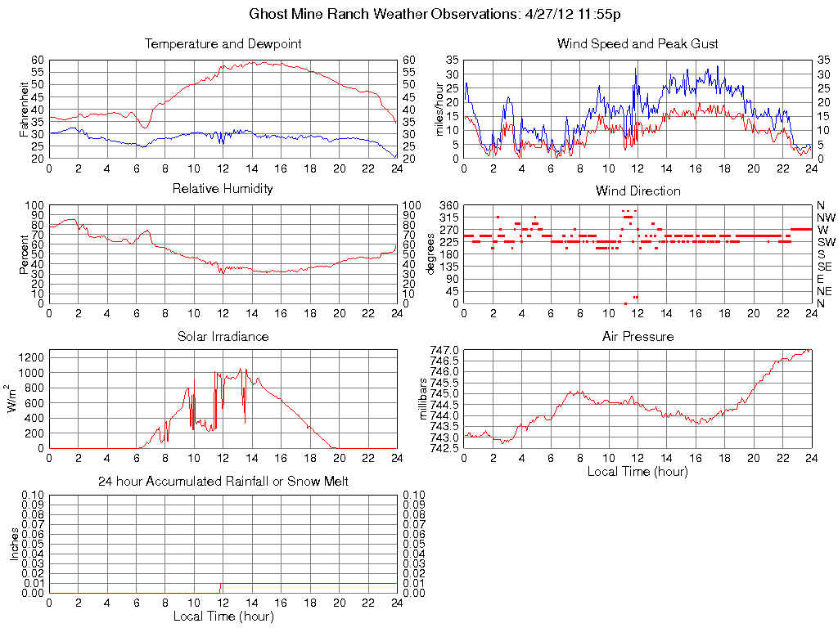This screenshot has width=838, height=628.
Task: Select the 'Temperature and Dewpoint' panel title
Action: point(223,43)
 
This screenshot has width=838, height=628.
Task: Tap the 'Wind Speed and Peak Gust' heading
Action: point(638,43)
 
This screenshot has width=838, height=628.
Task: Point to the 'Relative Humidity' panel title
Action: point(223,189)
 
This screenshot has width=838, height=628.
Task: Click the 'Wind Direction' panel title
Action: point(638,191)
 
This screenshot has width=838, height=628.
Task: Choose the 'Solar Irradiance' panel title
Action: point(223,336)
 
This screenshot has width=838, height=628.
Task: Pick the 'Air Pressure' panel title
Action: point(638,336)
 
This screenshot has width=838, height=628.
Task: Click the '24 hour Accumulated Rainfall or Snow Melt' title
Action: point(223,482)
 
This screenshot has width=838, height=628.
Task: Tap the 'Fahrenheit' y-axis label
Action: point(23,109)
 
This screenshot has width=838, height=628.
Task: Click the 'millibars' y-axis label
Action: point(423,399)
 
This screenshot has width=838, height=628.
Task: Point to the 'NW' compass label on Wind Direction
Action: point(825,218)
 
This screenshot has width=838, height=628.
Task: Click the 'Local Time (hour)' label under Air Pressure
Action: point(638,471)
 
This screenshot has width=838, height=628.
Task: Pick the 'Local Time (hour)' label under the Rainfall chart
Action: point(223,616)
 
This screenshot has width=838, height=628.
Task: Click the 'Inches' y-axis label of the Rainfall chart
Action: point(14,543)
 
